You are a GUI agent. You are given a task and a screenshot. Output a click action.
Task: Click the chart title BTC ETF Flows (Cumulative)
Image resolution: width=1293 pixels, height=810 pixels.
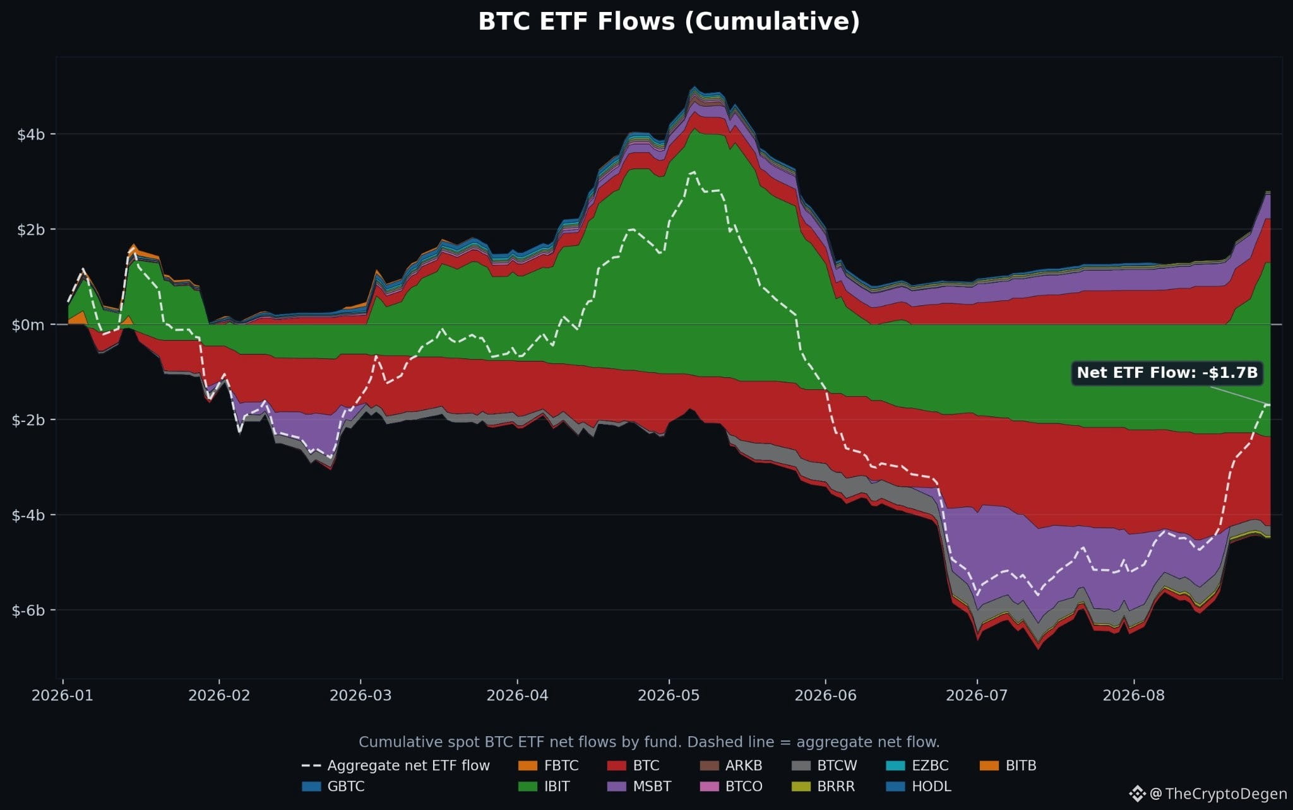(x=669, y=21)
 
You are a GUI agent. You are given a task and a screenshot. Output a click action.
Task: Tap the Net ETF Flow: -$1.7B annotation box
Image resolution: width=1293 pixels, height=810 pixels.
(x=1167, y=373)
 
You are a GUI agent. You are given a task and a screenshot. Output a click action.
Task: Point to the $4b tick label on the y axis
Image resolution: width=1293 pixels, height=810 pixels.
(x=31, y=134)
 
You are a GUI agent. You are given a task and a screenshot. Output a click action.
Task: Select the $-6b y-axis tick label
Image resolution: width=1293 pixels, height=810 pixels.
(x=28, y=610)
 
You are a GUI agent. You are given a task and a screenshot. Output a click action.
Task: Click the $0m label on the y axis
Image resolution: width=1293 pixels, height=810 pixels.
(x=28, y=325)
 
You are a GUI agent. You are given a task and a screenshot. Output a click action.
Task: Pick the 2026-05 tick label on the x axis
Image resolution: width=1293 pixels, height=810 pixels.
(x=669, y=695)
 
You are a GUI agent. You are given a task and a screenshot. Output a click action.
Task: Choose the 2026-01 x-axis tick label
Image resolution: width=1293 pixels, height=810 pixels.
(x=63, y=695)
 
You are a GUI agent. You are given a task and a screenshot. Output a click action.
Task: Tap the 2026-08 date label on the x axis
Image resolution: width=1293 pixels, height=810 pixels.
(x=1133, y=695)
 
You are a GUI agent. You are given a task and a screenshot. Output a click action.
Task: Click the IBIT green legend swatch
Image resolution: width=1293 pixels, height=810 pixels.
(x=528, y=787)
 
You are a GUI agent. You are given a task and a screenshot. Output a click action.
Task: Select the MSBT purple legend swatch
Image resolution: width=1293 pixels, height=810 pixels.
(x=617, y=787)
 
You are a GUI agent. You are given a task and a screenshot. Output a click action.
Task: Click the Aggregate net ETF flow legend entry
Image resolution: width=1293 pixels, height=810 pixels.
(x=396, y=766)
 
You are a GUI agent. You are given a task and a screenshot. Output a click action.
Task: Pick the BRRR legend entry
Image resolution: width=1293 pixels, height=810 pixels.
(x=823, y=787)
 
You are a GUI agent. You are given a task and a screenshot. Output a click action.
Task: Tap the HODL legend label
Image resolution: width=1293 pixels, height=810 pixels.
(x=931, y=787)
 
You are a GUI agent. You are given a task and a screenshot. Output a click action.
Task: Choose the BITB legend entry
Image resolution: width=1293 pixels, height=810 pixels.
(x=1008, y=766)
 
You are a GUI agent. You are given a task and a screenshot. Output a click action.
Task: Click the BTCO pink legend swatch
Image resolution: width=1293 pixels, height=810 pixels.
(x=710, y=787)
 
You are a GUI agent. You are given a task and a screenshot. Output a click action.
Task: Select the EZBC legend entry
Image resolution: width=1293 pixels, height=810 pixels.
(x=917, y=766)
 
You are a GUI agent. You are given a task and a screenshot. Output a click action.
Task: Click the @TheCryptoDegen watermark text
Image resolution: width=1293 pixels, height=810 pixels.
(x=1219, y=794)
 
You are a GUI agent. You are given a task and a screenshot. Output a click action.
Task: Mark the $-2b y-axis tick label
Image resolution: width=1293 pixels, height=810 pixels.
(x=28, y=420)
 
